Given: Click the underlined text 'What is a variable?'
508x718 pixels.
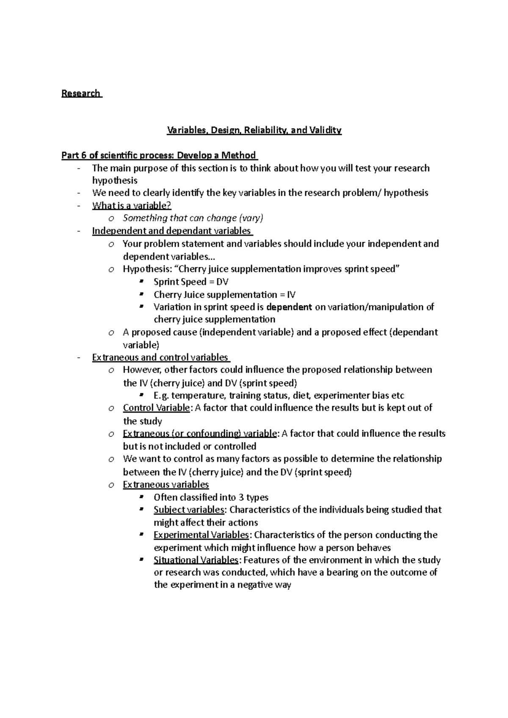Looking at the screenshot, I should click(132, 206).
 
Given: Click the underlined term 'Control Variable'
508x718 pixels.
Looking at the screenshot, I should click(156, 408).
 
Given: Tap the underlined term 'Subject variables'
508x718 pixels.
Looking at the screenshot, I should click(189, 510).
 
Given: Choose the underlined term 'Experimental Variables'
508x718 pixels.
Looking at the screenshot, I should click(202, 535).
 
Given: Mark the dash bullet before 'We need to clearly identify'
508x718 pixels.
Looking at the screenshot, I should click(79, 193).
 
